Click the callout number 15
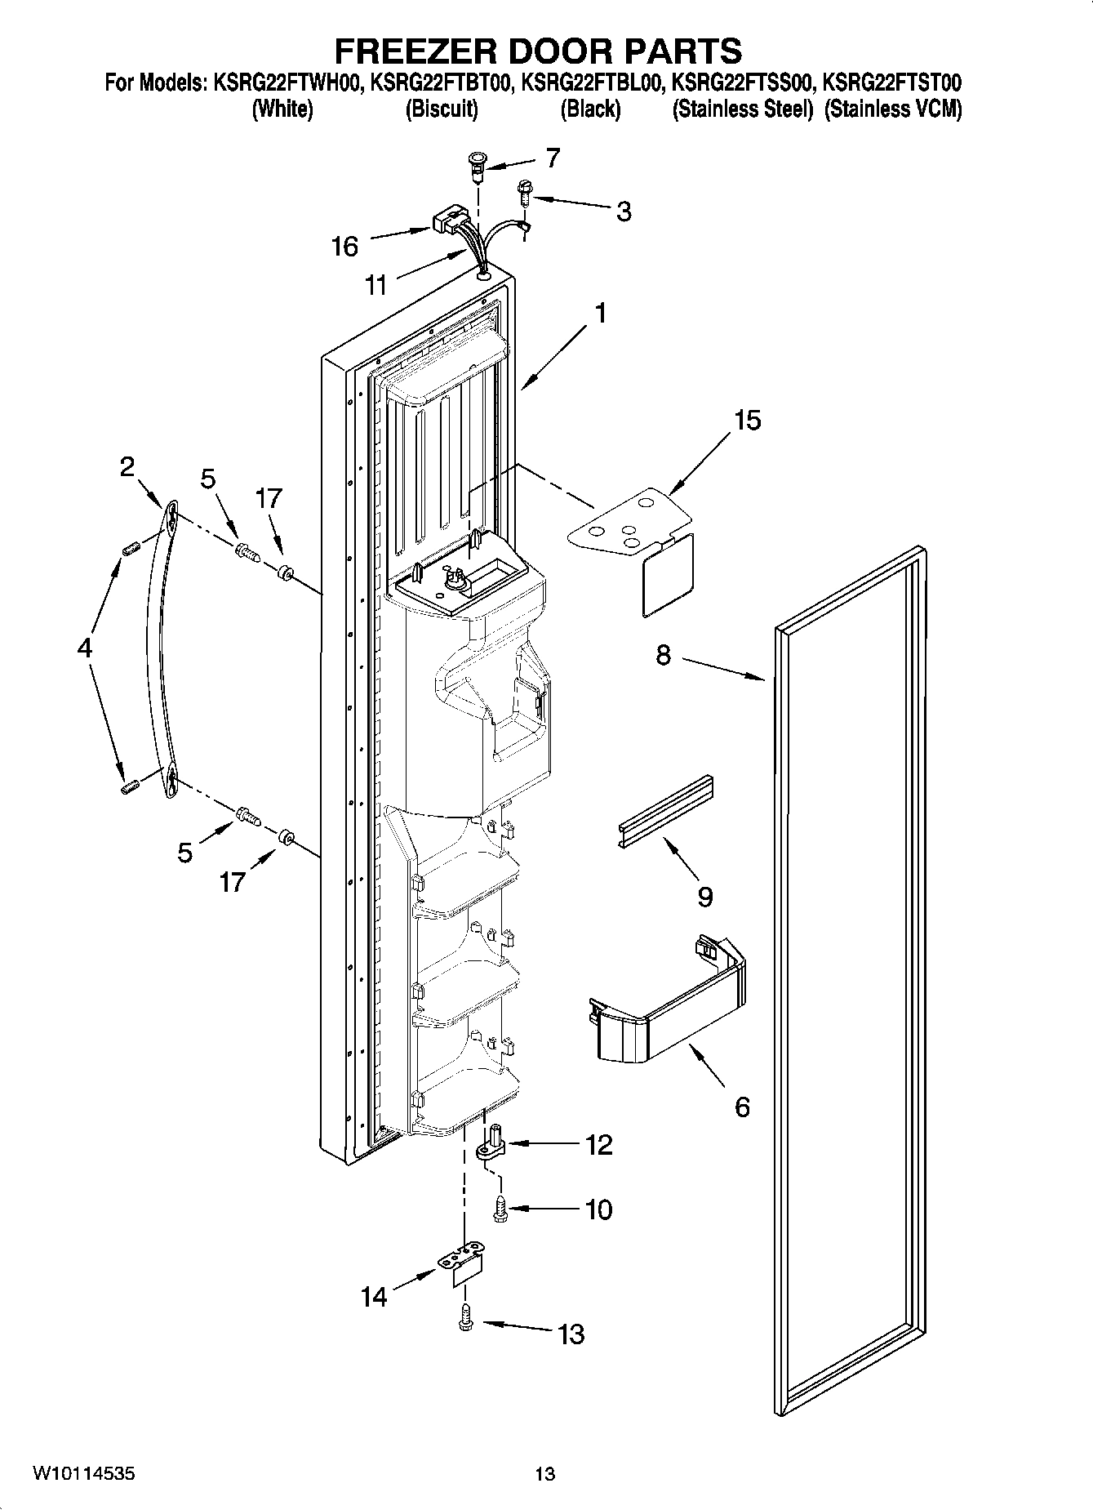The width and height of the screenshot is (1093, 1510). [747, 420]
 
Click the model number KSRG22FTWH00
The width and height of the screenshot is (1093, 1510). [288, 82]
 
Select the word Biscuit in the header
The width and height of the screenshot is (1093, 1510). [442, 109]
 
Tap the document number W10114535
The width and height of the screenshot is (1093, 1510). [84, 1474]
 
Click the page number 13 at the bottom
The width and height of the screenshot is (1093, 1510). [544, 1474]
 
